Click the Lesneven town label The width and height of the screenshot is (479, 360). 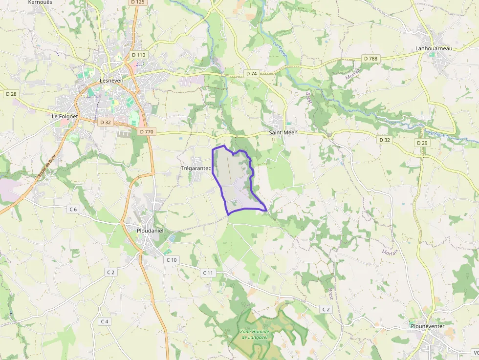coord(111,80)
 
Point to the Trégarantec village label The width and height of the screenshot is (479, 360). coord(195,169)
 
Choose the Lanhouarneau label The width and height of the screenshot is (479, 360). coord(434,48)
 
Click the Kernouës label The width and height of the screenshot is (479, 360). coord(41,2)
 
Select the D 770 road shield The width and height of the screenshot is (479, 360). coord(146,131)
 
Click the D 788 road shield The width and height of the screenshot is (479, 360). coord(371,59)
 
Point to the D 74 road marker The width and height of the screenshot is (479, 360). coord(251,73)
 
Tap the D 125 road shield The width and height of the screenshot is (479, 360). coord(138,2)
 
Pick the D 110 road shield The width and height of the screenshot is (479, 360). coord(138,55)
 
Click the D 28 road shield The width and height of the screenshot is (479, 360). coord(11,93)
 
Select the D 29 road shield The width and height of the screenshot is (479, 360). coord(422,143)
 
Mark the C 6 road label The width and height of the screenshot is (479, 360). coord(73,209)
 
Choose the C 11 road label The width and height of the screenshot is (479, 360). coord(208,273)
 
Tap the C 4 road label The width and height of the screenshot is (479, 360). coord(105,321)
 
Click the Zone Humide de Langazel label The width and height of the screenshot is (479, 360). coord(255,334)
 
